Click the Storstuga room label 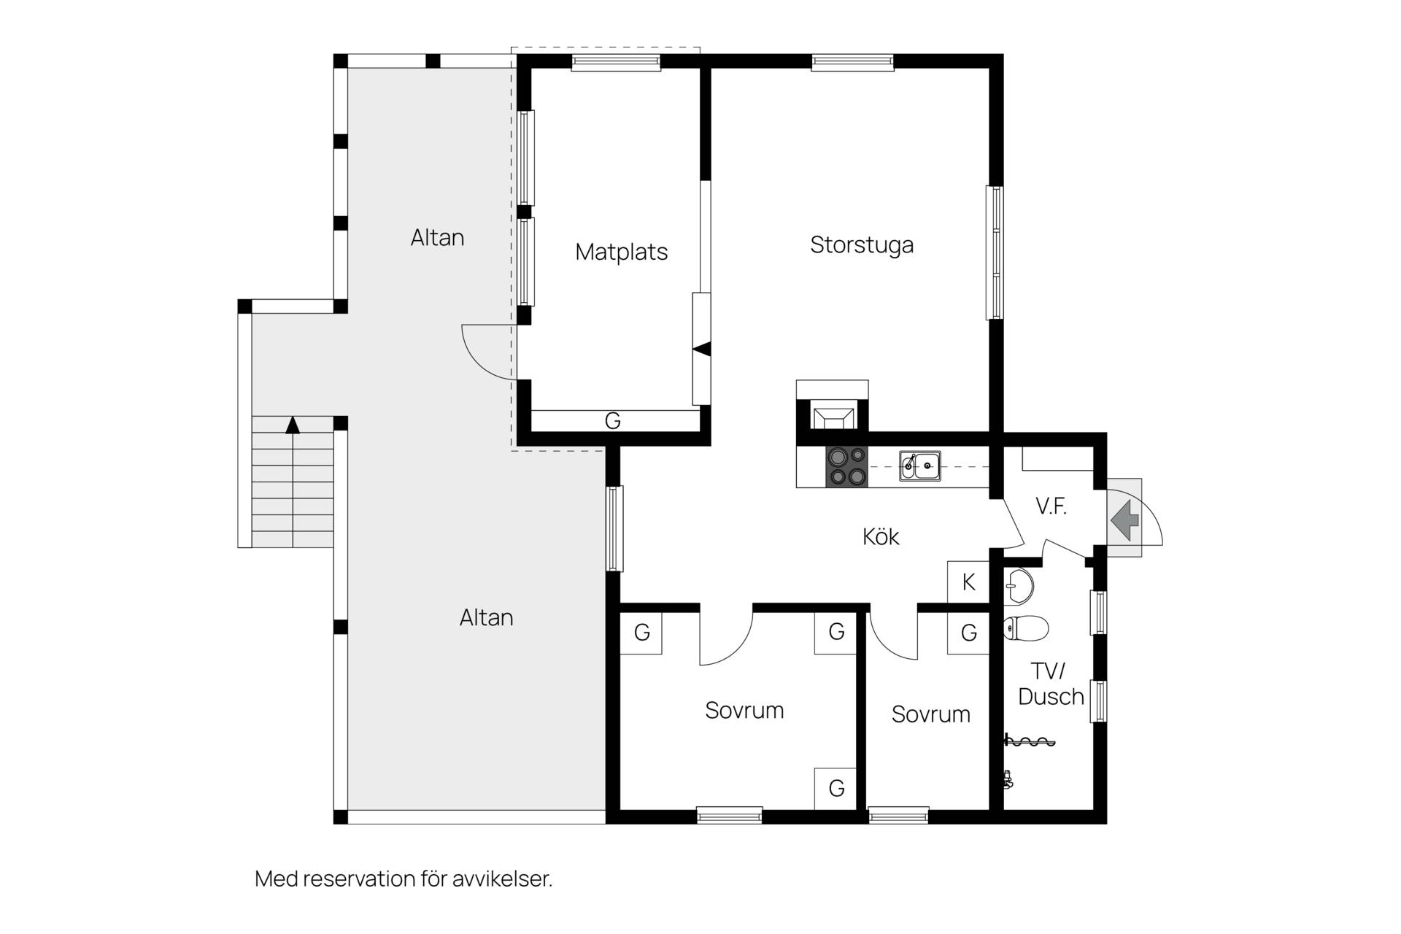click(x=862, y=245)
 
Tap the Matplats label click(x=621, y=252)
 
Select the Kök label click(x=881, y=537)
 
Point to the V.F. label click(x=1051, y=506)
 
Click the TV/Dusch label click(x=1051, y=684)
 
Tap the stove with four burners click(x=846, y=466)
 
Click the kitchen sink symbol click(x=919, y=466)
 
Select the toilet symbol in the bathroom click(x=1026, y=628)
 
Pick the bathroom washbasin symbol click(x=1019, y=586)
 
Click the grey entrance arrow click(x=1125, y=520)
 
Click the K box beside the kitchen click(x=968, y=582)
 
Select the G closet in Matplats click(x=613, y=421)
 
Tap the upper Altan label click(x=437, y=238)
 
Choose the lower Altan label click(x=486, y=618)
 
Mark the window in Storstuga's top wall click(x=852, y=63)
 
